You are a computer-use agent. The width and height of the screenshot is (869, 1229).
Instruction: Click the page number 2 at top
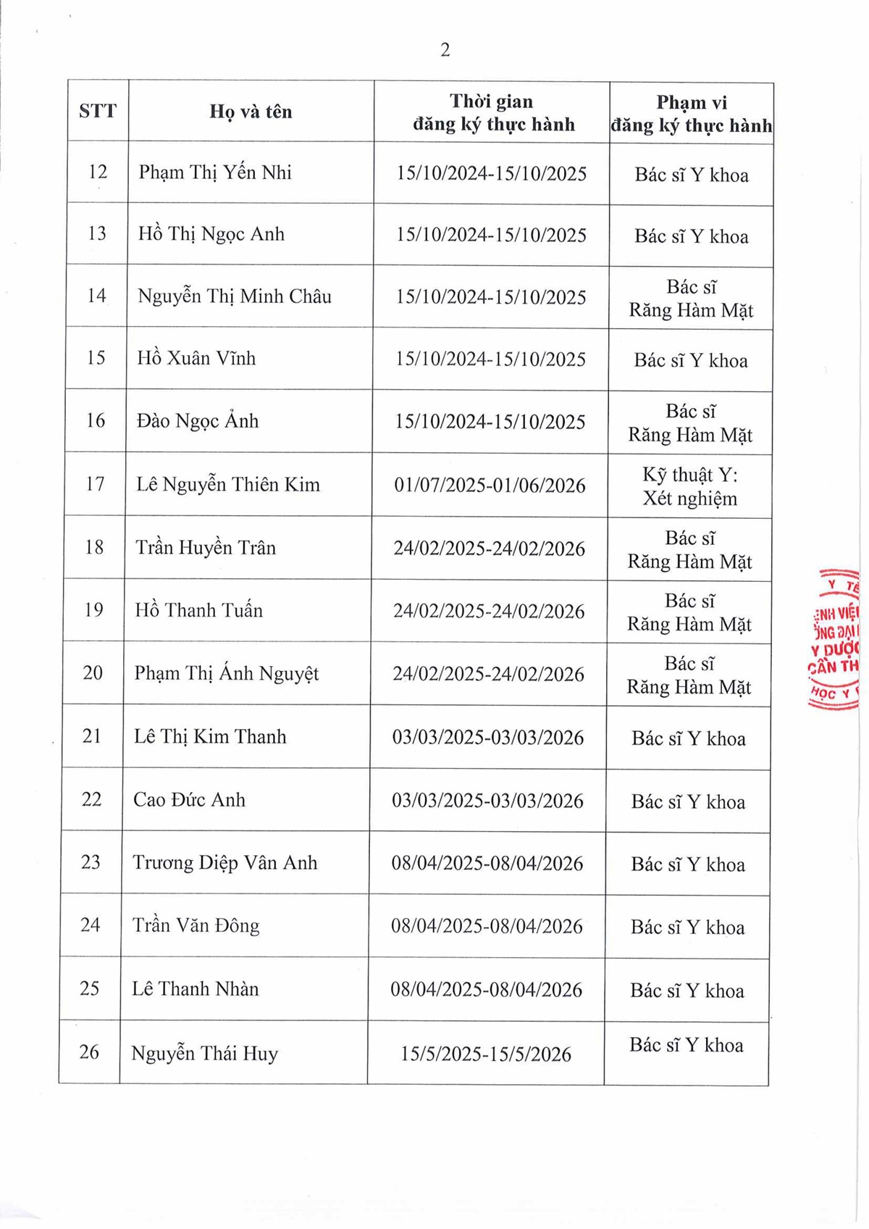[445, 50]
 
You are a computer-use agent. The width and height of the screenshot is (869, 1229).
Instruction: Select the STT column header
[98, 111]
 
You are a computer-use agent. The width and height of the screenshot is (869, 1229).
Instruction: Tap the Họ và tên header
[251, 112]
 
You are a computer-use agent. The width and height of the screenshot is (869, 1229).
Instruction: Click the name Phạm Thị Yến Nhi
[215, 172]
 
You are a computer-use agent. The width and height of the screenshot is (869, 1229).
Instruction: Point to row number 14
[96, 296]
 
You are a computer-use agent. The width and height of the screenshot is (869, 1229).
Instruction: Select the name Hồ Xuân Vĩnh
[196, 359]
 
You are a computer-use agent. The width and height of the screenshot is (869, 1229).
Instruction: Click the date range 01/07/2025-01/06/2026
[490, 485]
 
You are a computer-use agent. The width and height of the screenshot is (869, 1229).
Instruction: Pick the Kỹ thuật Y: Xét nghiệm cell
[690, 486]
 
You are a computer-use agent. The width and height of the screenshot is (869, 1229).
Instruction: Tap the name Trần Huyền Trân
[206, 548]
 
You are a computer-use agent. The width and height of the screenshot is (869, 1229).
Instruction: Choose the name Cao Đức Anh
[189, 800]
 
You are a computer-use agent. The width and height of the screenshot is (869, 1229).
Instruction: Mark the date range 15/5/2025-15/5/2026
[486, 1054]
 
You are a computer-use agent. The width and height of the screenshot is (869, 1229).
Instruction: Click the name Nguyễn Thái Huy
[204, 1054]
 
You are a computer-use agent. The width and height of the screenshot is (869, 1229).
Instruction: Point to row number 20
[93, 673]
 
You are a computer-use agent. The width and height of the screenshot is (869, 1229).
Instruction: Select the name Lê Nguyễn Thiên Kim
[228, 485]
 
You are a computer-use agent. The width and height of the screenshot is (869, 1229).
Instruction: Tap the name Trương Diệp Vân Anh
[224, 863]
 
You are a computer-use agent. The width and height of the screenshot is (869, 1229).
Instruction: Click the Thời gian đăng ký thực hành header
[493, 112]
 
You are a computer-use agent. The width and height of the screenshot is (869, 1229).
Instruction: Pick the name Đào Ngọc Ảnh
[198, 421]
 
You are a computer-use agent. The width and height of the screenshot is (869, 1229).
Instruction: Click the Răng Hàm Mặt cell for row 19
[689, 612]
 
